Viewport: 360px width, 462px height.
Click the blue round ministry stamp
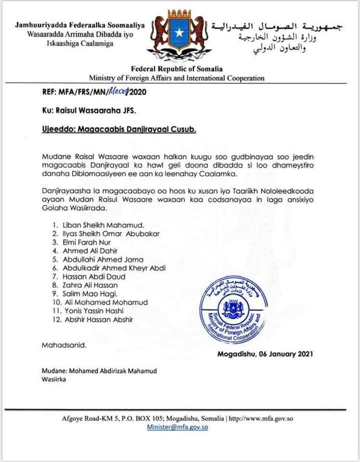[x=234, y=310]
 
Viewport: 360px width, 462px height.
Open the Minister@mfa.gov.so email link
[x=177, y=427]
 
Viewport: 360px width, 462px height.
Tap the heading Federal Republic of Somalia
[x=176, y=69]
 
